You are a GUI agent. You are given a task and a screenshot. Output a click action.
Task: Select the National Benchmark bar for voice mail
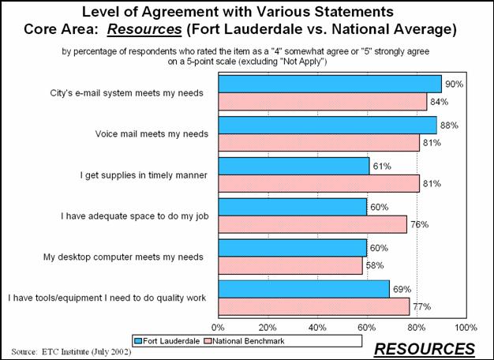(x=318, y=143)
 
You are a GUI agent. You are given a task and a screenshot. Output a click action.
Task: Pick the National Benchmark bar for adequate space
(x=312, y=225)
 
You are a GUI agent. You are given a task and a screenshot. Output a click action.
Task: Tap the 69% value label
(x=400, y=289)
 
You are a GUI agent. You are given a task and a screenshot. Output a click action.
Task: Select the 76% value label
(x=418, y=225)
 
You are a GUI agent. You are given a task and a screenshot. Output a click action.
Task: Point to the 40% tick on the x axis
(x=317, y=326)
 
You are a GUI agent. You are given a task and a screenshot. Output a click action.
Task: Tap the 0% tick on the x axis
(x=218, y=326)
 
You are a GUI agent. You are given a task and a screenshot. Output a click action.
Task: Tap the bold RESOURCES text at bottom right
(x=424, y=348)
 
